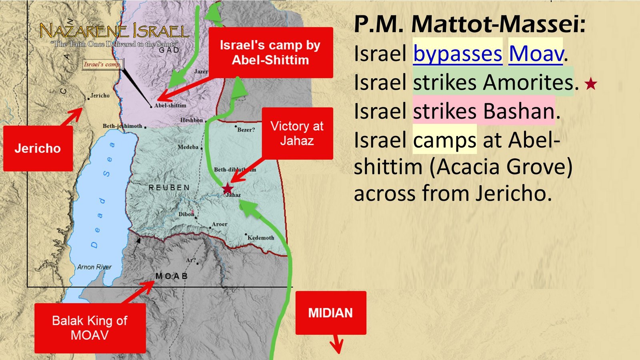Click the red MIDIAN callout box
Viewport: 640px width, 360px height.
tap(330, 313)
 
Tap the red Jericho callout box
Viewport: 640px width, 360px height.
tap(38, 148)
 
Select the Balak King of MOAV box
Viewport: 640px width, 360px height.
tap(90, 328)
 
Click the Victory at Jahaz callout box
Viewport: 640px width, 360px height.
tap(297, 133)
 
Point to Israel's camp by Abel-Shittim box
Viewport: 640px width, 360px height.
tap(270, 52)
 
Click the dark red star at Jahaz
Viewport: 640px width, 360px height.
tap(228, 188)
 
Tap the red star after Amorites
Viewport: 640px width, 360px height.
tap(591, 84)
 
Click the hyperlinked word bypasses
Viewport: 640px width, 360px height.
tap(458, 54)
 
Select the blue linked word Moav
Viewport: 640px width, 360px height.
tap(536, 54)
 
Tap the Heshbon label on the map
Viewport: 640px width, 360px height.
tap(192, 120)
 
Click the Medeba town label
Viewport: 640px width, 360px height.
tap(188, 147)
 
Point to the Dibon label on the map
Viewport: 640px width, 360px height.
tap(186, 214)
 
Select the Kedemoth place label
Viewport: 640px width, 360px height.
tap(261, 238)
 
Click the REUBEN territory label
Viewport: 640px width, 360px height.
tap(169, 188)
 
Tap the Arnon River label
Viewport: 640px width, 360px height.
tap(94, 267)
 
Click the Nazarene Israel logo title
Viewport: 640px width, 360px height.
tap(114, 31)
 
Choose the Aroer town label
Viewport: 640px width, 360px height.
tap(219, 224)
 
